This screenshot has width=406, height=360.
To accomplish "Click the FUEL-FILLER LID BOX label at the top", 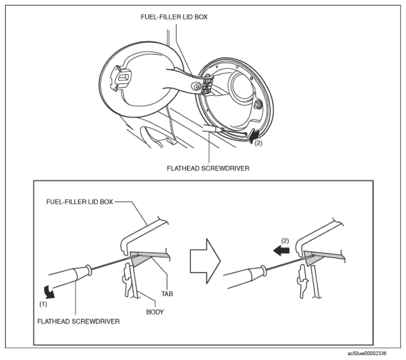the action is [x=174, y=17].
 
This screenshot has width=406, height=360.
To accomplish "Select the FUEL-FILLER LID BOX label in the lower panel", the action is [x=79, y=202].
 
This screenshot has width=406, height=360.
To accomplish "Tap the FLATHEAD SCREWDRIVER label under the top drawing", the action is [x=208, y=168].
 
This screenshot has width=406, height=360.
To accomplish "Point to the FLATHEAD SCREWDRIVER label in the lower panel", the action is [x=78, y=321].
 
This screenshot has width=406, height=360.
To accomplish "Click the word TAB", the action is [x=167, y=294].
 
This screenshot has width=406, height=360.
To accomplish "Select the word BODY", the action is [x=155, y=312].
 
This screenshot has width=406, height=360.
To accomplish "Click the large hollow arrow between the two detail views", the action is [x=205, y=261].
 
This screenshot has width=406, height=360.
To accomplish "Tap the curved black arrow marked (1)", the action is [x=49, y=292].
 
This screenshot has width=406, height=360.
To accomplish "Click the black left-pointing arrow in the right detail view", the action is [x=281, y=251].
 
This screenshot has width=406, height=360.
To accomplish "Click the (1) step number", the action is [x=44, y=304].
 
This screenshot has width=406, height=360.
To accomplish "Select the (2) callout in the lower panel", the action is [x=285, y=241].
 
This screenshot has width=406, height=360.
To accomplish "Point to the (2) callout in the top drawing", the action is [x=258, y=143].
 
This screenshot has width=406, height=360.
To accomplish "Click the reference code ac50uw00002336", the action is [x=367, y=353].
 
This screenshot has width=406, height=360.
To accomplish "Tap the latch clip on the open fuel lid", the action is [x=121, y=78].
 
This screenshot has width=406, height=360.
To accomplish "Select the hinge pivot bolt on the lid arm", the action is [x=196, y=86].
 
